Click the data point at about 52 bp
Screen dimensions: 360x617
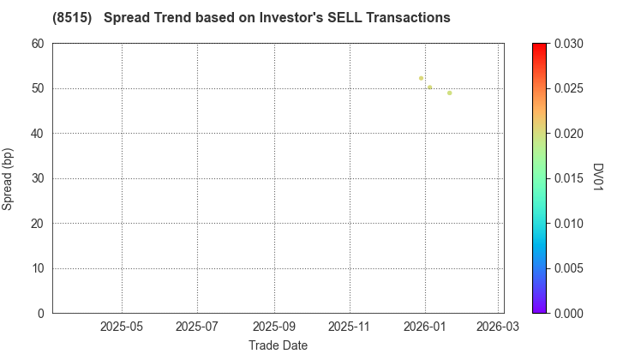[421, 78]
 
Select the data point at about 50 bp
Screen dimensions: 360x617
[429, 87]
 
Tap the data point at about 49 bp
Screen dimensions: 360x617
[449, 93]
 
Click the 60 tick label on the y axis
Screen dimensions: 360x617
[38, 44]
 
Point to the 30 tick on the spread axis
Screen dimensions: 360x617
[38, 178]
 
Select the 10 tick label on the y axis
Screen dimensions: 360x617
[38, 268]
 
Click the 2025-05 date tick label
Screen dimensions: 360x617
[122, 327]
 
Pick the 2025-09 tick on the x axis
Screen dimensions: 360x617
[274, 327]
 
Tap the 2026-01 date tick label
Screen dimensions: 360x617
[425, 327]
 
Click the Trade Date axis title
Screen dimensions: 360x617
[278, 345]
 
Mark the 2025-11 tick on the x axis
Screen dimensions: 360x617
[350, 327]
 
